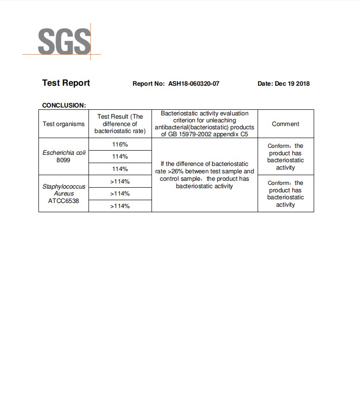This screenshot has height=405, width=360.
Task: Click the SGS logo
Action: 64,42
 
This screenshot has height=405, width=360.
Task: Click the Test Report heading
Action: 66,83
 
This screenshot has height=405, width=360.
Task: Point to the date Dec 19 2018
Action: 292,84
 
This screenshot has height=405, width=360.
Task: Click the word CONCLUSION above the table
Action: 64,105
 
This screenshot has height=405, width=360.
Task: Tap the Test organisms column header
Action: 63,124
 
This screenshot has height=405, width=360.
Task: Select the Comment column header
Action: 285,124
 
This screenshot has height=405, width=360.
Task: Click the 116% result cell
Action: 120,145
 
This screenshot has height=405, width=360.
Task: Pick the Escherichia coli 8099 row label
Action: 63,156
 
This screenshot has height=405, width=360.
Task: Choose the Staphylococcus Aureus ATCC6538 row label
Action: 63,194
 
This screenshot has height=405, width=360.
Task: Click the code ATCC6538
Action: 63,201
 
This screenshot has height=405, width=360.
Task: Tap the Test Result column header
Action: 120,124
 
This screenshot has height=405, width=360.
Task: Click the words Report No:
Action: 148,84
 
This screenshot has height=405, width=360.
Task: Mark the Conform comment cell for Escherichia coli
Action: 285,157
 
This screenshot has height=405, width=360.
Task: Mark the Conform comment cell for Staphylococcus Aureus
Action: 285,194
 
